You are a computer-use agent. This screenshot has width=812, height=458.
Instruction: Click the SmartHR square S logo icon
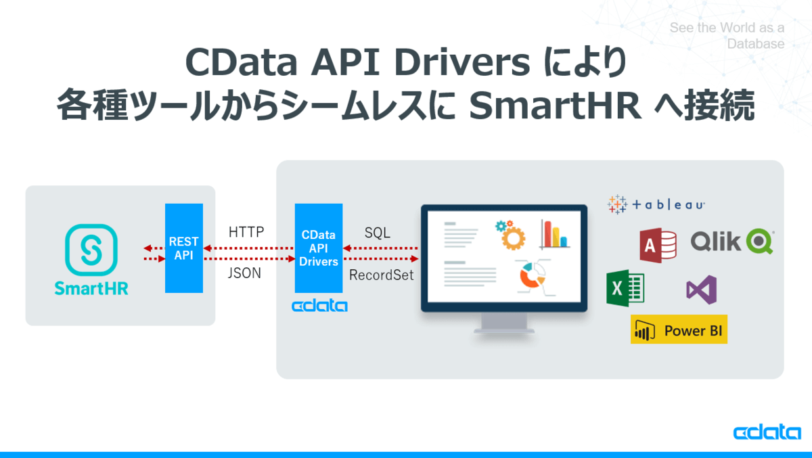91,250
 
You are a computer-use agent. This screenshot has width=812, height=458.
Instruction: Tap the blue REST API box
183,248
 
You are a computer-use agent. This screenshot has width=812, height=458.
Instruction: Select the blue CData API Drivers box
319,248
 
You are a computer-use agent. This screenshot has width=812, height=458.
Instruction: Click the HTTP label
246,233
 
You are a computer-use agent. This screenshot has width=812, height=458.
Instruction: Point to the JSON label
244,274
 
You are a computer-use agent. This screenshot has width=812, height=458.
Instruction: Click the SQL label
377,233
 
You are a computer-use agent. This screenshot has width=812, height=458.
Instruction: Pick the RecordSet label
381,275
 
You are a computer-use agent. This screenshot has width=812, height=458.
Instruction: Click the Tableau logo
656,204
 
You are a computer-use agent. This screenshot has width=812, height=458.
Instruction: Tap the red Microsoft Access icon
658,244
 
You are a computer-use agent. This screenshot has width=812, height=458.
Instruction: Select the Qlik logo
732,242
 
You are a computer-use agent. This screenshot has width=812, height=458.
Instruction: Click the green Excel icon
625,288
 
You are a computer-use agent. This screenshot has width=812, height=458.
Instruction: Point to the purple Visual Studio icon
701,290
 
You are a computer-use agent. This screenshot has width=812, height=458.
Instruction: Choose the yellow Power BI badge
679,329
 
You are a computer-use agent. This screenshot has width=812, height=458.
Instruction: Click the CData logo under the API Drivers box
319,306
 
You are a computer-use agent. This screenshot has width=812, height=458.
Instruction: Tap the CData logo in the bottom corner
767,433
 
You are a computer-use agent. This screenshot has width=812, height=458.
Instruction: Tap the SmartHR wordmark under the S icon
91,288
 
